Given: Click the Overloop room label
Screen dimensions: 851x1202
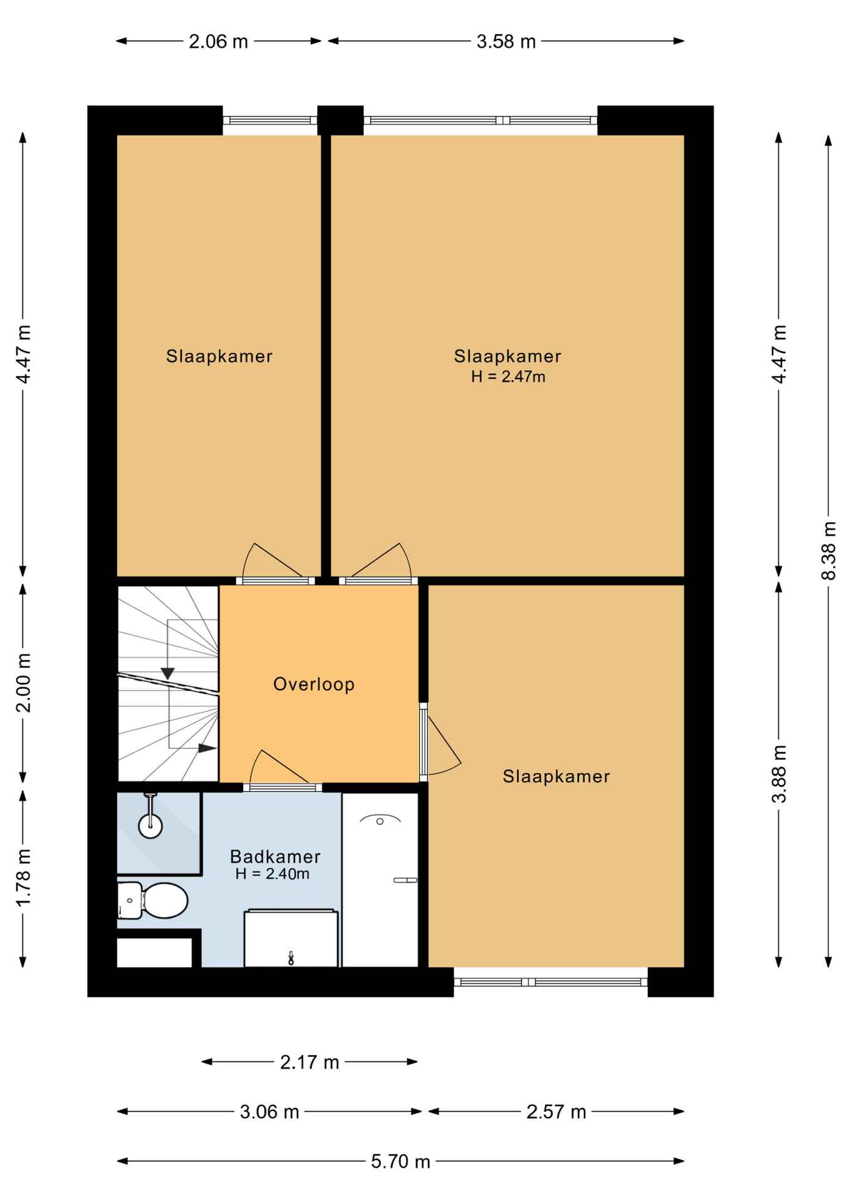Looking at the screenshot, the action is pyautogui.click(x=314, y=684).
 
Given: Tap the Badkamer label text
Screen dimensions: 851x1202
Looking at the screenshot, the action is pyautogui.click(x=275, y=856).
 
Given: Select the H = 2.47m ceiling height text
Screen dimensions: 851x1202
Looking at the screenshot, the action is pyautogui.click(x=508, y=377).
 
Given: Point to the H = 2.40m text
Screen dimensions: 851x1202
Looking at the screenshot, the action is pyautogui.click(x=273, y=874).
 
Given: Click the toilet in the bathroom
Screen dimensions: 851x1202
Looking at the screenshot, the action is pyautogui.click(x=153, y=901).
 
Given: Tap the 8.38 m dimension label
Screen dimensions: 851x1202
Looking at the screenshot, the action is pyautogui.click(x=828, y=551).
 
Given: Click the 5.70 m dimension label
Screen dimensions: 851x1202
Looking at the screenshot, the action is pyautogui.click(x=400, y=1162).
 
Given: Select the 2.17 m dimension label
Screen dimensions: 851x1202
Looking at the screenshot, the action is pyautogui.click(x=310, y=1062).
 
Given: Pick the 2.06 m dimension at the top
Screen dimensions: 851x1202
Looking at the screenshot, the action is pyautogui.click(x=219, y=42).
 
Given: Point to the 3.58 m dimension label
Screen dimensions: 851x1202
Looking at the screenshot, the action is pyautogui.click(x=506, y=42).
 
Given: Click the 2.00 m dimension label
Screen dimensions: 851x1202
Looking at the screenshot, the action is pyautogui.click(x=23, y=683).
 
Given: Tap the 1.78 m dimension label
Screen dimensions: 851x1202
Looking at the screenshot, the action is pyautogui.click(x=23, y=878).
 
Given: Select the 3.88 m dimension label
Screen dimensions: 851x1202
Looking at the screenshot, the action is pyautogui.click(x=779, y=774).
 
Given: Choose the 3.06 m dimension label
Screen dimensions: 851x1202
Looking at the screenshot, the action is pyautogui.click(x=269, y=1112).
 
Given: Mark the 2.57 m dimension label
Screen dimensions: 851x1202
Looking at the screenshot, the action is pyautogui.click(x=556, y=1112).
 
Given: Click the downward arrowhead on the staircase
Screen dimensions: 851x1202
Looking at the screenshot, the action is pyautogui.click(x=167, y=674).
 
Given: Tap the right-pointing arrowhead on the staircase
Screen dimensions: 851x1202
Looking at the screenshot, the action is pyautogui.click(x=207, y=748).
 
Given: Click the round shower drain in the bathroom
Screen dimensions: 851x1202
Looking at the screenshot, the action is pyautogui.click(x=150, y=826).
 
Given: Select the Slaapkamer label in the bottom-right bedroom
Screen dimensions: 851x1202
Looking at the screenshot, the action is pyautogui.click(x=556, y=777).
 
